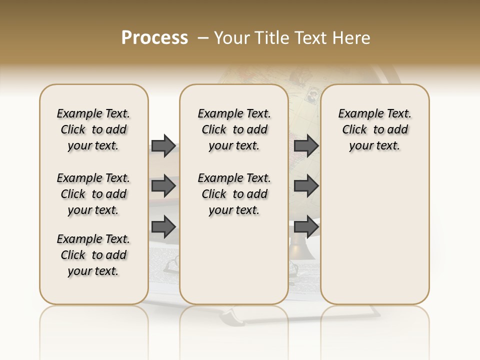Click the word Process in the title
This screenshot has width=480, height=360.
(154, 38)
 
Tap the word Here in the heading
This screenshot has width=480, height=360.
(352, 38)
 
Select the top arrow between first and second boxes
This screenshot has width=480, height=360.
(163, 145)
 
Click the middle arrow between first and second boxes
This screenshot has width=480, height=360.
(163, 186)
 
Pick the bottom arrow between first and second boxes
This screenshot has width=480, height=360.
(163, 226)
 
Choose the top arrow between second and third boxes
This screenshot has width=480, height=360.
(306, 145)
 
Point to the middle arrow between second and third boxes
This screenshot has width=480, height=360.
(306, 186)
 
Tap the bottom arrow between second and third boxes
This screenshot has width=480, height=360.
(306, 226)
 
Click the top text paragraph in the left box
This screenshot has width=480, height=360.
(93, 129)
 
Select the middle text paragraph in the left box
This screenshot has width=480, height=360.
(93, 194)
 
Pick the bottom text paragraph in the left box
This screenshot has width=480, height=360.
(93, 255)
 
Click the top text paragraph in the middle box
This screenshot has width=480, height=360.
(234, 129)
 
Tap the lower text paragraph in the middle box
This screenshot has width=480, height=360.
(234, 194)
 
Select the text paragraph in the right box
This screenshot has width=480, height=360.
(374, 129)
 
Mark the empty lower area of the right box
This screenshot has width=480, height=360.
(374, 235)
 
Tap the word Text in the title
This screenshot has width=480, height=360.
(311, 38)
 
